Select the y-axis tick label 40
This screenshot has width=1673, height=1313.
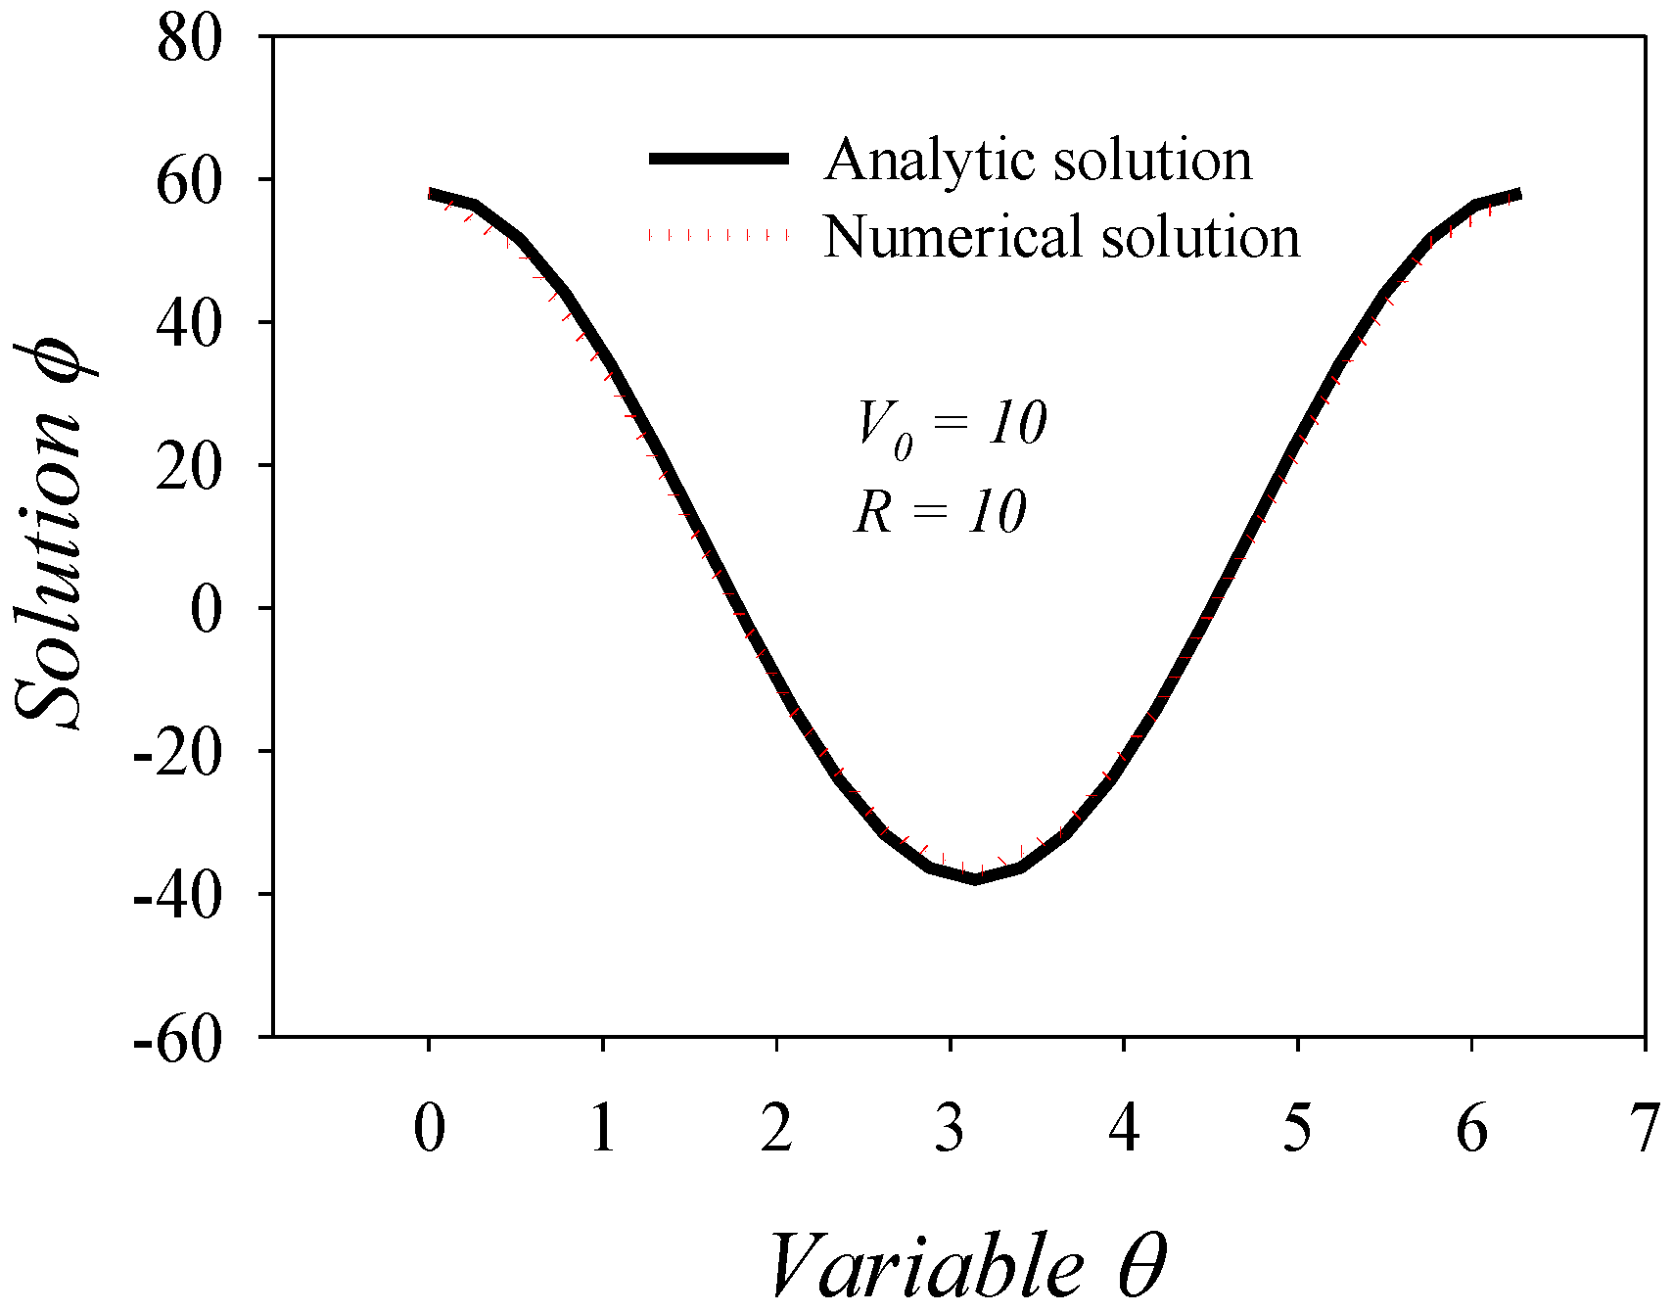pos(189,325)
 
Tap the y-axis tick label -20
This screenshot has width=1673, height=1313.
pos(178,754)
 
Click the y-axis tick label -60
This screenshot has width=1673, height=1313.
pos(178,1040)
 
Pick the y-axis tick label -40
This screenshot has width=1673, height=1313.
pos(178,897)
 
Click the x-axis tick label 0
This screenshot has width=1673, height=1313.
pos(429,1128)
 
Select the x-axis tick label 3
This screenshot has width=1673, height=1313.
pos(950,1128)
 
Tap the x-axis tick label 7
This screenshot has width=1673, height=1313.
pos(1646,1128)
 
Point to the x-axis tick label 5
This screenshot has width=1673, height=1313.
pos(1297,1128)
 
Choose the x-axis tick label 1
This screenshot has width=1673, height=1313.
pos(603,1128)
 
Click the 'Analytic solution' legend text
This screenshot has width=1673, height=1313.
pos(1038,160)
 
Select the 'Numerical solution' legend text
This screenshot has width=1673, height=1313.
pos(1061,237)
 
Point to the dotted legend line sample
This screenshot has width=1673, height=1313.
pos(719,236)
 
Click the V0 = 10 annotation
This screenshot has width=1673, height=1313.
pos(951,427)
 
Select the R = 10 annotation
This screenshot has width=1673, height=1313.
pos(940,512)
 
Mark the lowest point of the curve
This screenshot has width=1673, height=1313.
pos(975,879)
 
